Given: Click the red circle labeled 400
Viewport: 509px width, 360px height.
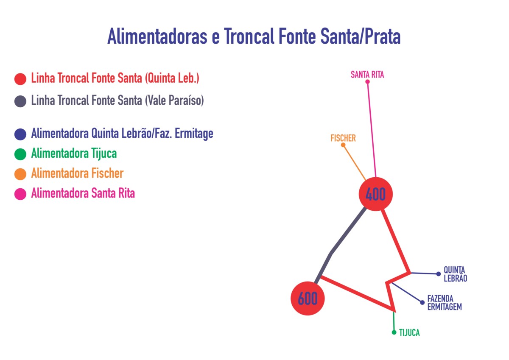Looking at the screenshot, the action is coord(376,194).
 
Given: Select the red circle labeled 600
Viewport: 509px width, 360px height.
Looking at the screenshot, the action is coord(308,299).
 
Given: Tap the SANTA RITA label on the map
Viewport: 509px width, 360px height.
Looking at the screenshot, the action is coord(367,75).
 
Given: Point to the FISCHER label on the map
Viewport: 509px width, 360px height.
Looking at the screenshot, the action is coord(343,138).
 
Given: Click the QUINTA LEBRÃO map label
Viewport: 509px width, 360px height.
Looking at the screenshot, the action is coord(456,274).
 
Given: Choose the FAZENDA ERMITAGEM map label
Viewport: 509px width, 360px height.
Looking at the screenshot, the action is coord(445,303).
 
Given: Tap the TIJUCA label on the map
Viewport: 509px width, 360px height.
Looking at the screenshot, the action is coord(409,333).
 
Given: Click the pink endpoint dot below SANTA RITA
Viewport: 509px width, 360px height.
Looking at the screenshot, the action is coord(367,82).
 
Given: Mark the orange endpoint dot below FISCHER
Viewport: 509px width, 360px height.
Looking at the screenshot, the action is coord(343,145).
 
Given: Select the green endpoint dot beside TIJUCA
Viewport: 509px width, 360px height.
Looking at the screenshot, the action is coord(394,332).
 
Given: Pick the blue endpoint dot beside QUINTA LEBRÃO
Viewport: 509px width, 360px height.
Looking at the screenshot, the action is coord(439,274).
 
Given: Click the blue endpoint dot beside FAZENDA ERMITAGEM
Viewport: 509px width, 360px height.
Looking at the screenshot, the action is coord(422,302).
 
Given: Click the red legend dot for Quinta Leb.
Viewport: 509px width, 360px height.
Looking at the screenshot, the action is coord(20,79).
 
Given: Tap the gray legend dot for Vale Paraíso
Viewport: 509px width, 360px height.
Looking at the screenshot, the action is coord(20,101).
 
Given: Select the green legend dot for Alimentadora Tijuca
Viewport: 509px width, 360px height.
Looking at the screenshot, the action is coord(20,154).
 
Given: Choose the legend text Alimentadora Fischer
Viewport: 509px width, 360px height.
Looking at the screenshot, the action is coord(77,173).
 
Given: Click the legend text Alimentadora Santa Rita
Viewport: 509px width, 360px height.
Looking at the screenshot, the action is coord(83,193).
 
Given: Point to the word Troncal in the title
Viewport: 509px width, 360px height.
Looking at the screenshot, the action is coord(249,36).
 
